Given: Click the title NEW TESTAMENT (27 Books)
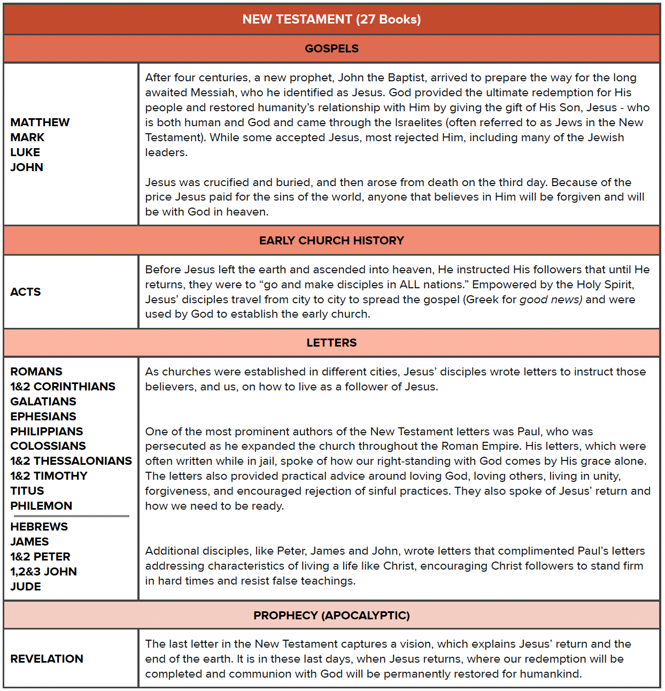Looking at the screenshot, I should pos(331,19).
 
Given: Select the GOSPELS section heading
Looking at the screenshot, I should pos(331,49).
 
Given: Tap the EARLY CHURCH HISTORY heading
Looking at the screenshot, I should pos(331,241).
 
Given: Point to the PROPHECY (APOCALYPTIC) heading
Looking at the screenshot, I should pos(331,616).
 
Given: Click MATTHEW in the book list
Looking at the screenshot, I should pos(40,122).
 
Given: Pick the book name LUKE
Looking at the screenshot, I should pos(25,152).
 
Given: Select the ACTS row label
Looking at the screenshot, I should pos(26,292).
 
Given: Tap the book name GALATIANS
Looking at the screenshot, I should pos(43,402).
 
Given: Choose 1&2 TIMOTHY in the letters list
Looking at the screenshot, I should pos(49,476).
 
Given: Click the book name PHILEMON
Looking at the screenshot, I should pos(41,506).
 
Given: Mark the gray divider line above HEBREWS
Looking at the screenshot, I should pos(69,516).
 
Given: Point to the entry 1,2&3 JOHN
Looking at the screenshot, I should pos(43,572).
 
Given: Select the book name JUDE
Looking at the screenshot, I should pos(26,587).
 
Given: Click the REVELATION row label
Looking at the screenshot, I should pos(47,659).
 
